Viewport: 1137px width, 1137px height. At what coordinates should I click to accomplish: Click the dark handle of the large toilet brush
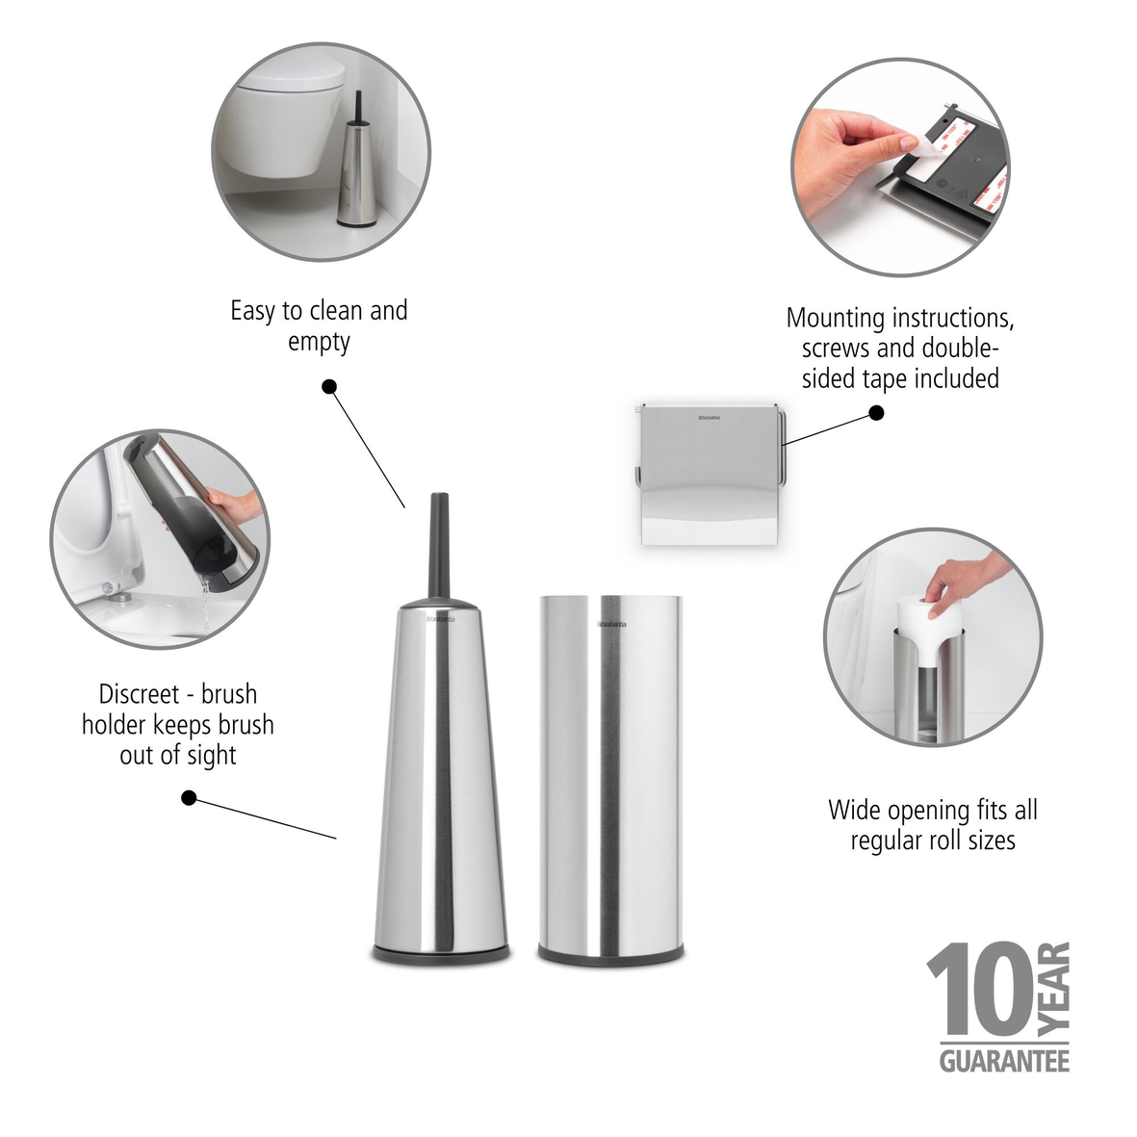coord(440,544)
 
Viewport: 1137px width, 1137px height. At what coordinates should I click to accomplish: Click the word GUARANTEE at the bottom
coord(1004,1061)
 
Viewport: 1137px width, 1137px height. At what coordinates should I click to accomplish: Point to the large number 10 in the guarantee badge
coord(982,992)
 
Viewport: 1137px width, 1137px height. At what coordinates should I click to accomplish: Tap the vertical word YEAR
coord(1056,992)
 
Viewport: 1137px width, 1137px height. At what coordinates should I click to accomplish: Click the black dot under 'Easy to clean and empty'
coord(329,387)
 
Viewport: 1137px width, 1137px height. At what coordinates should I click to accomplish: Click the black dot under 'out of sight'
coord(190,797)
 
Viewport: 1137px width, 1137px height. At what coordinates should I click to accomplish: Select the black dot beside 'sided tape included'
coord(876,413)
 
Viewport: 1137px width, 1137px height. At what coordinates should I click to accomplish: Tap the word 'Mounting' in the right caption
coord(835,318)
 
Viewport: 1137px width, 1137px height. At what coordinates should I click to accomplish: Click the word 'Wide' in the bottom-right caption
coord(851,810)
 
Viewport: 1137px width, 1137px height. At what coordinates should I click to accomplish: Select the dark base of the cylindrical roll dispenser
coord(610,953)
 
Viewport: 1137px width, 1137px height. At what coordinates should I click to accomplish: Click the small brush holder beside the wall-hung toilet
coord(353,173)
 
